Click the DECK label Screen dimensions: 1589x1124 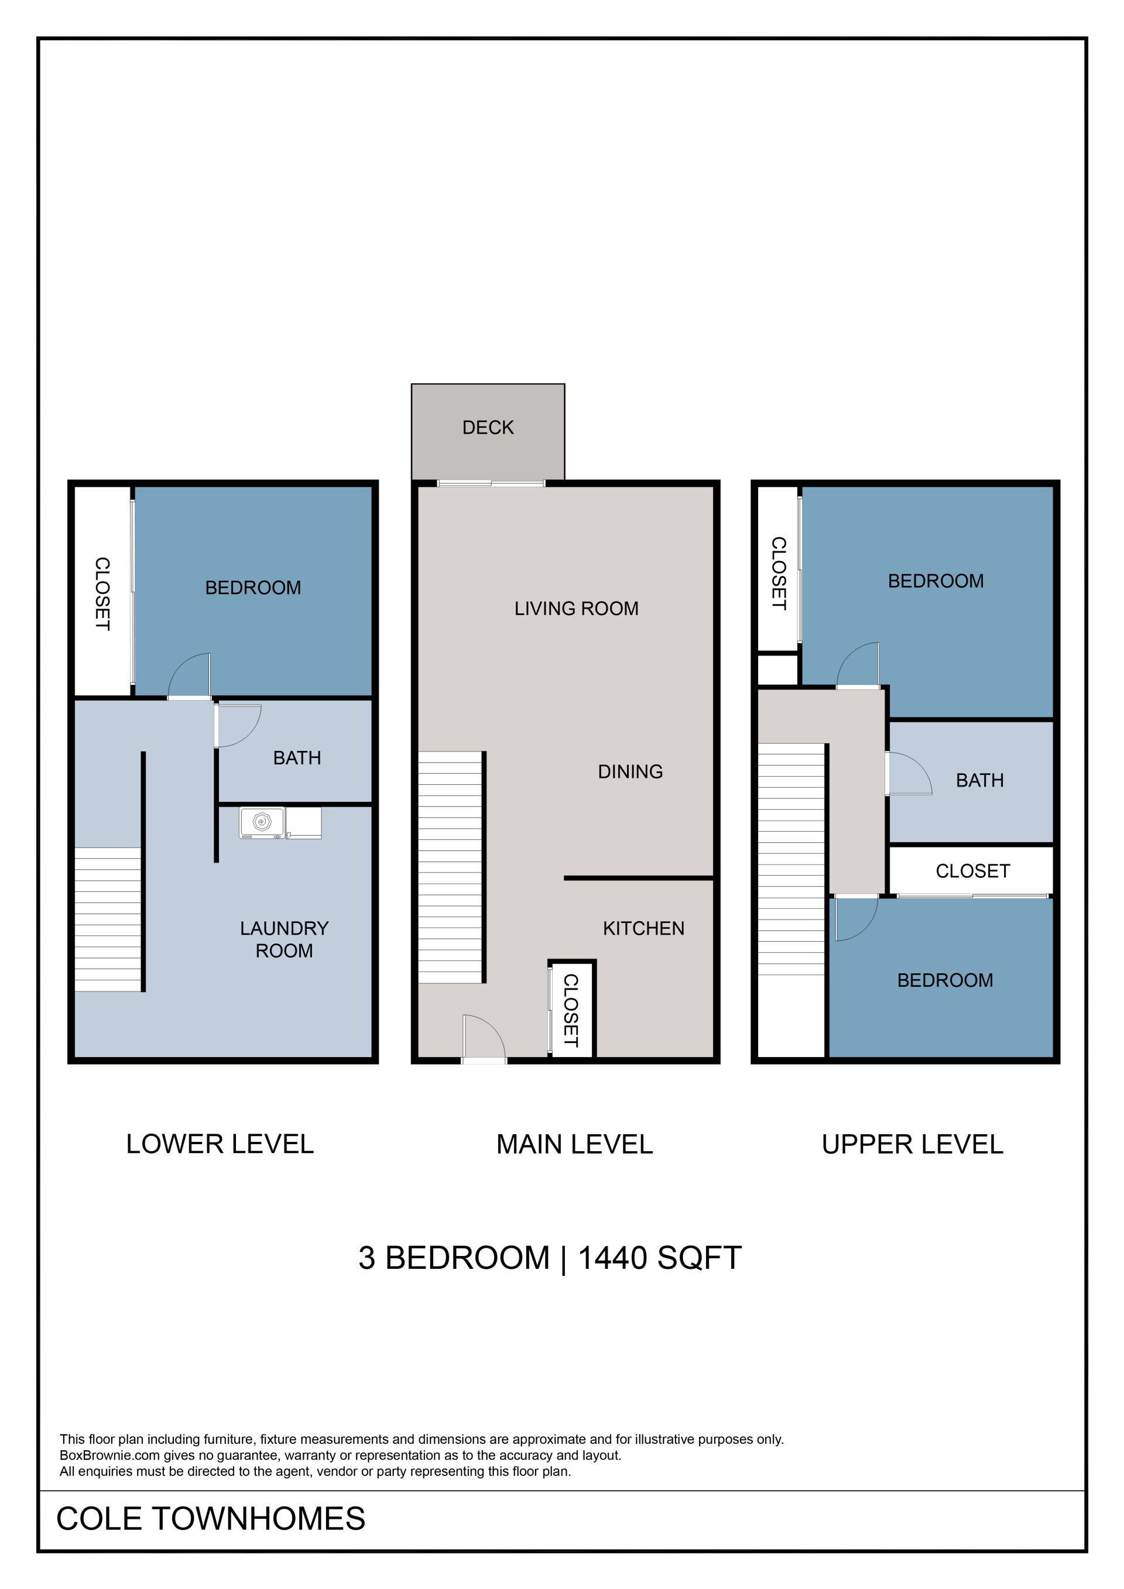(488, 428)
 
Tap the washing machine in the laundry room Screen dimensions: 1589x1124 (262, 822)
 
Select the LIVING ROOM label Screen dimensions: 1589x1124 (576, 608)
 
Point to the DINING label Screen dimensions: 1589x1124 (630, 771)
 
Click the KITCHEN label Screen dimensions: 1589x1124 (643, 928)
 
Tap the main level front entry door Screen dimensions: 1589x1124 (484, 1039)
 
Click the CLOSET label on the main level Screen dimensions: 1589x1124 (570, 1010)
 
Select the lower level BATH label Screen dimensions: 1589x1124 (297, 758)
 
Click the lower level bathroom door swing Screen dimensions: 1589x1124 (238, 725)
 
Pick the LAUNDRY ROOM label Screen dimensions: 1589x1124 (284, 939)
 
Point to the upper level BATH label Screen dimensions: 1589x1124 (979, 781)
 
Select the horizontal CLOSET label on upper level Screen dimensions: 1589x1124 (972, 871)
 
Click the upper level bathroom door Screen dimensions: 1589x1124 (909, 774)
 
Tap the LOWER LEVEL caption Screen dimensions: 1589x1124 (220, 1144)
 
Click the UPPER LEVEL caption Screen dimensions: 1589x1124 (912, 1145)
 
